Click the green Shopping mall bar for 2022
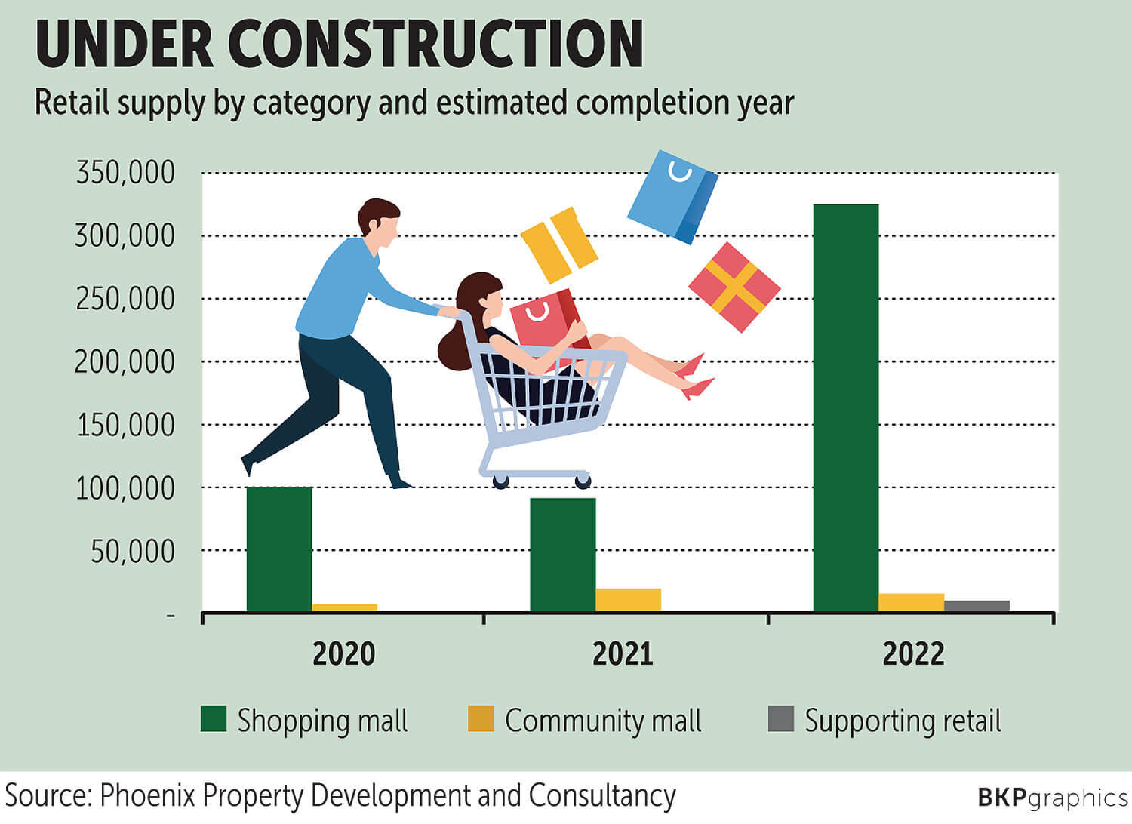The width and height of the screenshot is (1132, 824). (846, 407)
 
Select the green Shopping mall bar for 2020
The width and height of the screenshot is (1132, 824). (279, 549)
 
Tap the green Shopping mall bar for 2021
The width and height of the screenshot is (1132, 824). (563, 555)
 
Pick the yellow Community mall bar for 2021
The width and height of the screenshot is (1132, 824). (628, 600)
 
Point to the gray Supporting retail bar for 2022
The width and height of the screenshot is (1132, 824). (977, 606)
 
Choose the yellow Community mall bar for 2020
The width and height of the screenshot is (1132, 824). (344, 607)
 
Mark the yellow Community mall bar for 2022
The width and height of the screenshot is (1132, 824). (912, 602)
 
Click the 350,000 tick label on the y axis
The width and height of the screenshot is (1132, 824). (125, 173)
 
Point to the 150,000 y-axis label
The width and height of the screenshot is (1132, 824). (125, 426)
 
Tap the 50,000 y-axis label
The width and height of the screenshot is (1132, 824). (133, 552)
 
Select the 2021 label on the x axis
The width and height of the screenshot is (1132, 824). (623, 653)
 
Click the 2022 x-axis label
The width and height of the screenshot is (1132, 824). (913, 653)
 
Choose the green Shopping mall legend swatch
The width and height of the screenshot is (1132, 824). (214, 719)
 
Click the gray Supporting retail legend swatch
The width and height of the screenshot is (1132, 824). (781, 719)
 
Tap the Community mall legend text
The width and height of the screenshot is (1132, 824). (603, 721)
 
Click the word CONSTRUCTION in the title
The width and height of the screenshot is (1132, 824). (435, 45)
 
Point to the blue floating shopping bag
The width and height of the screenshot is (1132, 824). (672, 196)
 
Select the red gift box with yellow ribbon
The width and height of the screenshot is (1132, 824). (734, 287)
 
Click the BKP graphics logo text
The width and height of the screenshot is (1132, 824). (1052, 798)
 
